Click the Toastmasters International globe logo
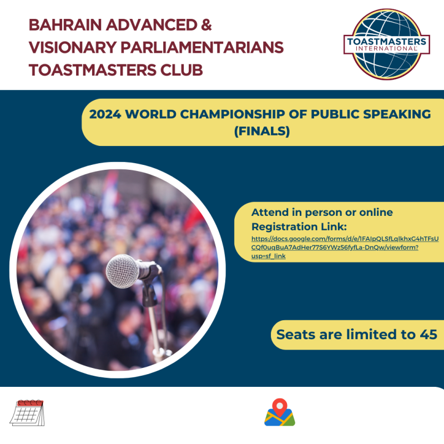tap(386, 44)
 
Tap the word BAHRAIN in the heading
tap(65, 25)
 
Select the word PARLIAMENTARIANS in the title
tap(202, 47)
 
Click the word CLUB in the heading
tap(181, 70)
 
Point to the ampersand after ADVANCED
tap(206, 25)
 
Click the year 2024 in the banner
tap(105, 114)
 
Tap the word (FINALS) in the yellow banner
tap(262, 131)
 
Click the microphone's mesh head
tap(122, 271)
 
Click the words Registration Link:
tap(299, 227)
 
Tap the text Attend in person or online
tap(322, 213)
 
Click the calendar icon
tap(27, 412)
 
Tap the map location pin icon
tap(280, 412)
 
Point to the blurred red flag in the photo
tap(193, 218)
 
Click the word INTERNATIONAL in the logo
tap(386, 49)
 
